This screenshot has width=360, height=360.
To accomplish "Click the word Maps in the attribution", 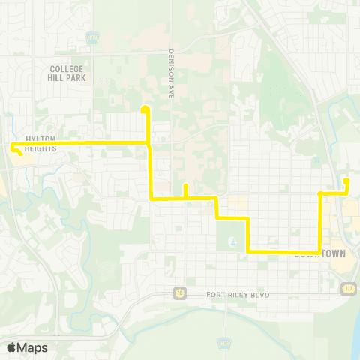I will point(32,347).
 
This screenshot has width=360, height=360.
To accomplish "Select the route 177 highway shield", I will point(346,287).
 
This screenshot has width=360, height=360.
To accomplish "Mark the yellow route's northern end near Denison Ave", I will point(144,109).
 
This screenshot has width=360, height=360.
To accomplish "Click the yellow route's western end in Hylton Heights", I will point(13,148).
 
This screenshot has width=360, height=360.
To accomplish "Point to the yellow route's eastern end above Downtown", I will point(346,181).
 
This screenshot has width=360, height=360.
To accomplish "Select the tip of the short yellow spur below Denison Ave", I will point(185,186).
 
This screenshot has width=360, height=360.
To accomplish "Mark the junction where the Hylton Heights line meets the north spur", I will point(148,142).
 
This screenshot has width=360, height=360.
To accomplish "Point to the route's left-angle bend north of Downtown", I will point(320,194).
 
